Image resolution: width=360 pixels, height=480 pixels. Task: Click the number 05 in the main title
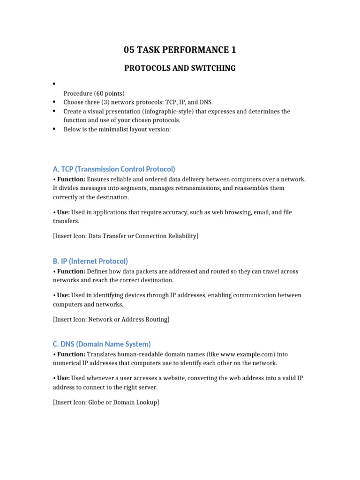(129, 50)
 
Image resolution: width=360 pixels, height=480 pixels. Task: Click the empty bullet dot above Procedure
(54, 84)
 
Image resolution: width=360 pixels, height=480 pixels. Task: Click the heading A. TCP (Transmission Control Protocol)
(114, 169)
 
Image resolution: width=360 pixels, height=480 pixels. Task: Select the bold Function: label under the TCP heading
(70, 180)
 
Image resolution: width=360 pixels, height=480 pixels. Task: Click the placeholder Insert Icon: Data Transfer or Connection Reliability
(126, 236)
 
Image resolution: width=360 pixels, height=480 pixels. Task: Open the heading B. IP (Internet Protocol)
(90, 261)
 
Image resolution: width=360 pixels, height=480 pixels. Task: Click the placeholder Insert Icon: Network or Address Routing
(111, 319)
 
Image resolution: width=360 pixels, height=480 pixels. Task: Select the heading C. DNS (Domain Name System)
(102, 344)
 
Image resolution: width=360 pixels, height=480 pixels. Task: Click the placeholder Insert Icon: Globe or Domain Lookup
(106, 402)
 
